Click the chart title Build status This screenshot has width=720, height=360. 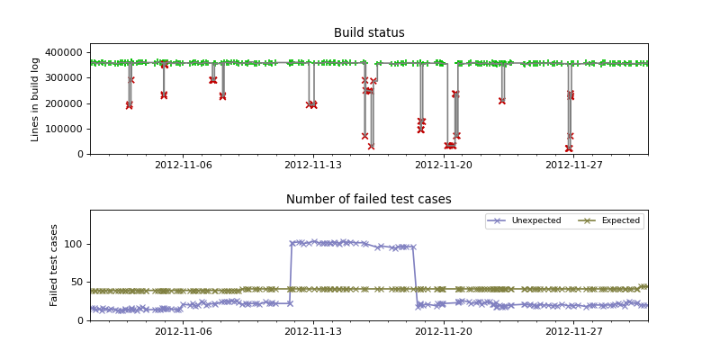coord(369,33)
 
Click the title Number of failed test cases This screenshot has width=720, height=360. coord(369,200)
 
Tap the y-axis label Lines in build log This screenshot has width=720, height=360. coord(36,99)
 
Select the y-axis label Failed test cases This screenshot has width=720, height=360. coord(54,265)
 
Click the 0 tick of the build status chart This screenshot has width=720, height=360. coord(80,154)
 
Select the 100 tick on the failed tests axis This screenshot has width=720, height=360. coord(74,244)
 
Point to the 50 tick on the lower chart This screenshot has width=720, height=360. coord(76,283)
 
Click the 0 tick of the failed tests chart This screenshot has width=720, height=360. coord(80,320)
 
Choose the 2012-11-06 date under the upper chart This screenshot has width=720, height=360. coord(184,165)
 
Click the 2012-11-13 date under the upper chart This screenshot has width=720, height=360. coord(313,165)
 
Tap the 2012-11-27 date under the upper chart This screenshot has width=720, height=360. coord(574,165)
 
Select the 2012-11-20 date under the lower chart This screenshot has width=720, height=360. coord(444,331)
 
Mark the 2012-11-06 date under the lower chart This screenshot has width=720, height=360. coord(184,331)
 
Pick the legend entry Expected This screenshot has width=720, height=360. coord(620,220)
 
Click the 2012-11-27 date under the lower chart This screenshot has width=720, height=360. coord(574,331)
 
